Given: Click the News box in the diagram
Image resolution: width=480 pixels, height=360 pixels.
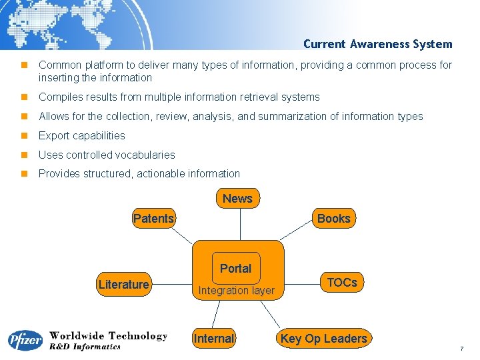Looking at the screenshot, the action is pos(237,198).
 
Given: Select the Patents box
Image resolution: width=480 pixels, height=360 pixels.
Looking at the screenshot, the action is pos(153,219).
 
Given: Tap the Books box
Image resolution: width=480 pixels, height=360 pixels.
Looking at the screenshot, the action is pos(333,219).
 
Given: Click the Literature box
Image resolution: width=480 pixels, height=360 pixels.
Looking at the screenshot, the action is pos(123,285).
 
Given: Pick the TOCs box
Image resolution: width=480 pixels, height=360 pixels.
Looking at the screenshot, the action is pos(342,283).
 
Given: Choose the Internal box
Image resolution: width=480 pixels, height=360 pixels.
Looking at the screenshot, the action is pos(213,339).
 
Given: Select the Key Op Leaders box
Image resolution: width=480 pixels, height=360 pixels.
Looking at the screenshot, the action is pos(323,339).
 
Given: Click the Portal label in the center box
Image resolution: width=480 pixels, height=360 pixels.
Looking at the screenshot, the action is pos(235,269).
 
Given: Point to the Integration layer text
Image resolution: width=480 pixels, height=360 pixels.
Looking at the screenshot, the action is pos(236,291).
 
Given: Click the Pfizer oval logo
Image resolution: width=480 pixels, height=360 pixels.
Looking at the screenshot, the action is pos(25,341).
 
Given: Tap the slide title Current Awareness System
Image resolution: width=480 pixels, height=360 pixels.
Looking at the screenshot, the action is pos(377,44).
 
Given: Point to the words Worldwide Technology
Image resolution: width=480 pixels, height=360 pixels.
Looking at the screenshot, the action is pos(108,336).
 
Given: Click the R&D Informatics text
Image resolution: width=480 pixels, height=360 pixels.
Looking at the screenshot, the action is pos(85,347).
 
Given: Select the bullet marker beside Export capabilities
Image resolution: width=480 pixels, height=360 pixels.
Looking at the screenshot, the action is pos(23,135).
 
